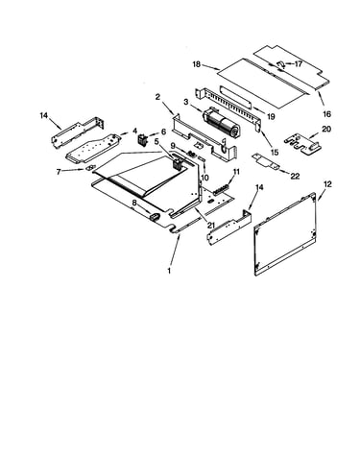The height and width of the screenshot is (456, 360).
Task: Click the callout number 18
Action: point(197,64)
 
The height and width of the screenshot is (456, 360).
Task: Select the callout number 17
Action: point(299,64)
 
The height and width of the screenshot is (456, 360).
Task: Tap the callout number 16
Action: point(326,113)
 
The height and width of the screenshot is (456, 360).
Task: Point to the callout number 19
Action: point(271,116)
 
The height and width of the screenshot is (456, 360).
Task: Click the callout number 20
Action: point(326,129)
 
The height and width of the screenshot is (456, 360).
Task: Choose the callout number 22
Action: point(295,176)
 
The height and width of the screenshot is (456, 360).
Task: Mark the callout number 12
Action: point(327,184)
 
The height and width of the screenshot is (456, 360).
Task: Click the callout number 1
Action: point(169,271)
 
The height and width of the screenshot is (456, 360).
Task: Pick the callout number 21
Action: point(210,225)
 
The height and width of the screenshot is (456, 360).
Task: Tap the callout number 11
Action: point(236,172)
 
